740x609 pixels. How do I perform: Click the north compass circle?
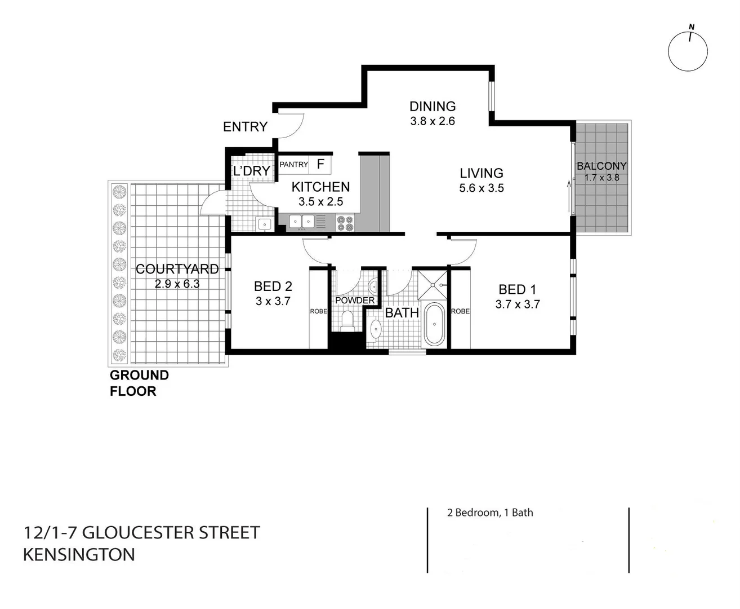[688, 51]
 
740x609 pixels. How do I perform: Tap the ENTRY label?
[245, 127]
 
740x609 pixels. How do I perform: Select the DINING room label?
[433, 106]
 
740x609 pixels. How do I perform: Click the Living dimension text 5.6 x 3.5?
[482, 188]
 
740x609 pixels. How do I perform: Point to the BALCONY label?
[601, 166]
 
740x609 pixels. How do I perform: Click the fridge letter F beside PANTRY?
[320, 164]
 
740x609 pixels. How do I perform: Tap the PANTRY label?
[294, 164]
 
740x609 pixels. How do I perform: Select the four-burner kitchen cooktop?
[345, 223]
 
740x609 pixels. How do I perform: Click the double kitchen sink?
[302, 222]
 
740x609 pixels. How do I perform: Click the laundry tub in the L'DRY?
[264, 224]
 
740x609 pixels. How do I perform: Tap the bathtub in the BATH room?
[434, 324]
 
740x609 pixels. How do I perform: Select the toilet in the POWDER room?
[347, 321]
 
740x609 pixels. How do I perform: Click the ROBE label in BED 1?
[460, 311]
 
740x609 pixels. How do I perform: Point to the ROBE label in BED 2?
[318, 311]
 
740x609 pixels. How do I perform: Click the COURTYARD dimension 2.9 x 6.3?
[177, 284]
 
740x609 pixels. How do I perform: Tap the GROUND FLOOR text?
[139, 383]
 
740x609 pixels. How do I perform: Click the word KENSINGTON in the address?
[79, 554]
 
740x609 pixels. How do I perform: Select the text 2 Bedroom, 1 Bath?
[490, 513]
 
